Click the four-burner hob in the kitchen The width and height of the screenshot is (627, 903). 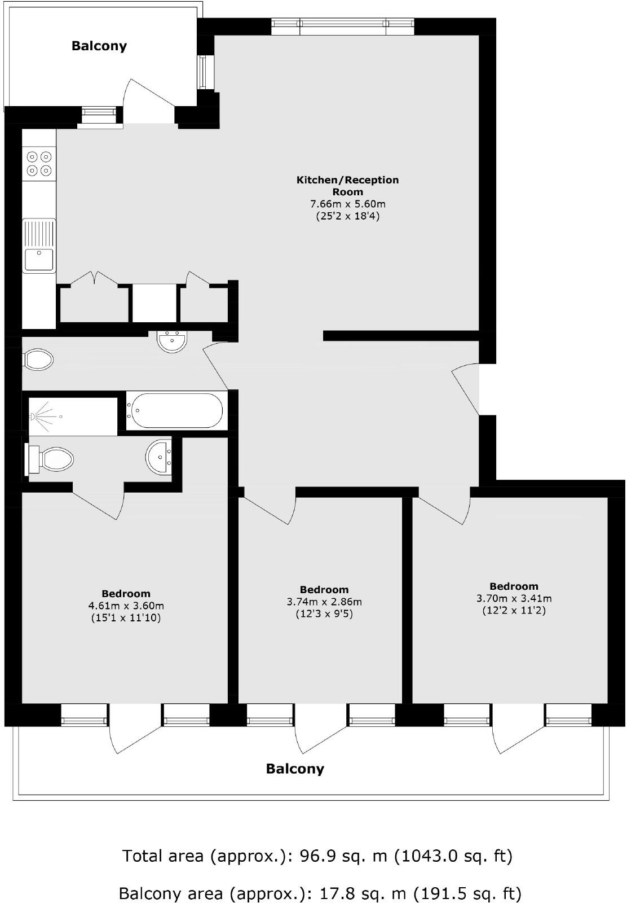pyautogui.click(x=39, y=163)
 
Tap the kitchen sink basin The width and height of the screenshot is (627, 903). pyautogui.click(x=38, y=260)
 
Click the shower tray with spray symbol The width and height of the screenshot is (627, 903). pyautogui.click(x=73, y=417)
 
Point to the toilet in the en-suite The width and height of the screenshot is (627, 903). pyautogui.click(x=51, y=459)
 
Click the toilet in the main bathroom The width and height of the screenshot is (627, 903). pyautogui.click(x=38, y=360)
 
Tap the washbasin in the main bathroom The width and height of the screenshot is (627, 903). pyautogui.click(x=171, y=342)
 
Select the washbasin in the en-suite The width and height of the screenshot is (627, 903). pyautogui.click(x=159, y=457)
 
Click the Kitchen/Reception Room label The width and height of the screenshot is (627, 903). pyautogui.click(x=347, y=186)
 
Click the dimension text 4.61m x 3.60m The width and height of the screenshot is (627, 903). pyautogui.click(x=126, y=606)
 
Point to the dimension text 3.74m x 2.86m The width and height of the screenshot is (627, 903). pyautogui.click(x=324, y=602)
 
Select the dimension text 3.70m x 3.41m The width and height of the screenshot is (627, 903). pyautogui.click(x=514, y=598)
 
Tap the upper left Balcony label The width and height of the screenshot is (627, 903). pyautogui.click(x=99, y=46)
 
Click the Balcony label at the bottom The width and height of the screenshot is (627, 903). pyautogui.click(x=295, y=769)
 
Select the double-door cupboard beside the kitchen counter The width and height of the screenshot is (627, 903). pyautogui.click(x=95, y=302)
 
